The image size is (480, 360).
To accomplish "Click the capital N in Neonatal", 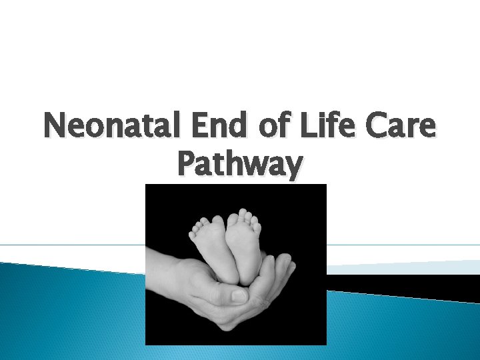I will pos(55,127).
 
